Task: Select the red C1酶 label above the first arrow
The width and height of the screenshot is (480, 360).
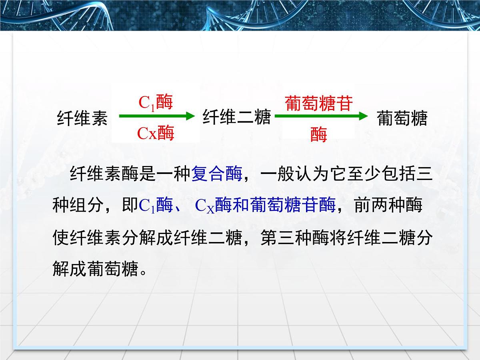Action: click(x=156, y=102)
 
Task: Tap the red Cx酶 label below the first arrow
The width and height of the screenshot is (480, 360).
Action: click(x=156, y=133)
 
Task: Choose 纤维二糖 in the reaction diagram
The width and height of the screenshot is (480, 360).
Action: click(x=237, y=117)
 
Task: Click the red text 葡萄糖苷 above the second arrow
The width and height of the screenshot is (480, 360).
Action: click(x=319, y=103)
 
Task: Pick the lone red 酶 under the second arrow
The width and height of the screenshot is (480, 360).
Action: click(x=319, y=135)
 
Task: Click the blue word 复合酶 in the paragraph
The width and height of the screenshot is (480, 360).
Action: click(x=217, y=174)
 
